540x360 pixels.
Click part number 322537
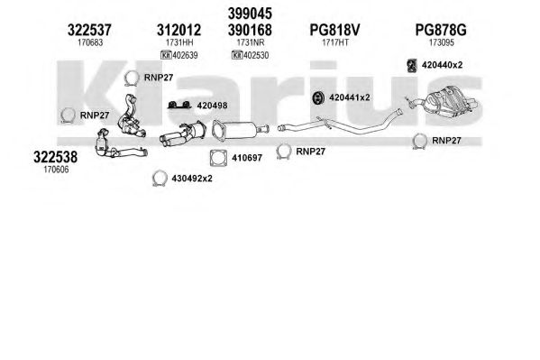89,30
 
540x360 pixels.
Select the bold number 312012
178,30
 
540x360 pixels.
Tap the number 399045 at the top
250,14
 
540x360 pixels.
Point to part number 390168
250,30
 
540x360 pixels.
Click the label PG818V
334,30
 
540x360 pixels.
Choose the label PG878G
441,30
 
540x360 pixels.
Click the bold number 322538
56,157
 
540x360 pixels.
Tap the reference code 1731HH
179,42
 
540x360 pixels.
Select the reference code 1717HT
335,42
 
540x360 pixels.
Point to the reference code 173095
442,42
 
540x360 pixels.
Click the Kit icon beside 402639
166,55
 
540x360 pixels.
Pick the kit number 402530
256,55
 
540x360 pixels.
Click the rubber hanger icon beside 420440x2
412,66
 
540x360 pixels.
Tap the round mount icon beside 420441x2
318,98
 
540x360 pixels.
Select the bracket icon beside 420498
179,106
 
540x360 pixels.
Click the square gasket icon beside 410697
218,158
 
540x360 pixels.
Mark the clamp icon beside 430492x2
160,179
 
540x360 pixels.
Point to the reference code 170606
56,170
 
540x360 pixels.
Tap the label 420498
212,106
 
